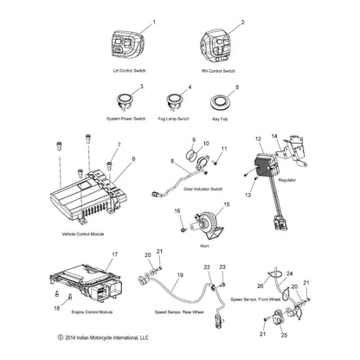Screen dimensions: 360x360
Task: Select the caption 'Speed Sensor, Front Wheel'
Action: pyautogui.click(x=258, y=299)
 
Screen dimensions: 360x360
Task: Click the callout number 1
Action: pyautogui.click(x=154, y=21)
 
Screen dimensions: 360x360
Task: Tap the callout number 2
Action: pyautogui.click(x=230, y=22)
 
